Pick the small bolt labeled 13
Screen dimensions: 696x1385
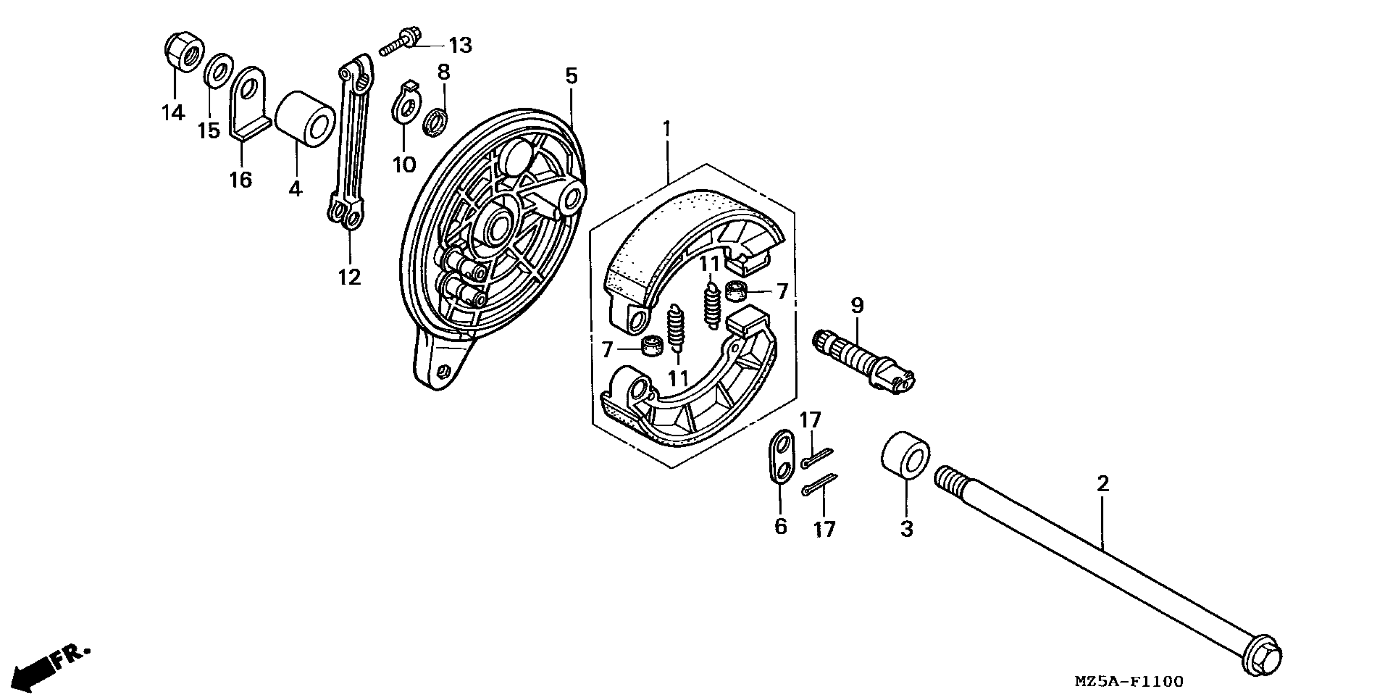(401, 43)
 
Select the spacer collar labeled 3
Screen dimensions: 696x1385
(905, 454)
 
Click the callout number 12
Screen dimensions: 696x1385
(349, 277)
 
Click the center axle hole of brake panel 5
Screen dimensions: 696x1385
(497, 226)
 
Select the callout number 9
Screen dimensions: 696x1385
(857, 305)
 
